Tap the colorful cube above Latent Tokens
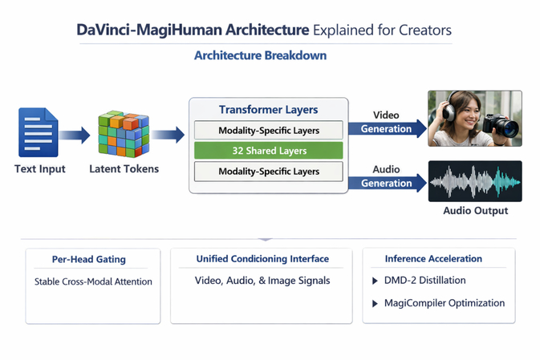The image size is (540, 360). click(x=124, y=134)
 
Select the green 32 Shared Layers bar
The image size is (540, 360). click(x=268, y=151)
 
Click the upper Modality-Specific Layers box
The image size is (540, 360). click(x=268, y=131)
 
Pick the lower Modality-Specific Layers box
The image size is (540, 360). click(x=268, y=172)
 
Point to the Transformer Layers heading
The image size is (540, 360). click(x=268, y=110)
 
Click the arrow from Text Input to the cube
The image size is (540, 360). click(x=76, y=135)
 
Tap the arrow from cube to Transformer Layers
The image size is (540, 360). click(x=168, y=135)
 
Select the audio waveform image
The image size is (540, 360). click(x=475, y=182)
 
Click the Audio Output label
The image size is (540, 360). click(x=475, y=211)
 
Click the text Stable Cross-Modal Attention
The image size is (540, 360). click(x=93, y=281)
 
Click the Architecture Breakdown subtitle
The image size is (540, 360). click(x=260, y=56)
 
